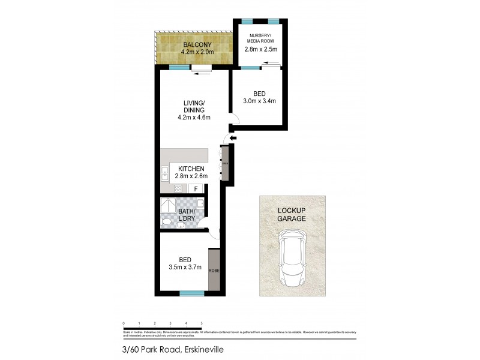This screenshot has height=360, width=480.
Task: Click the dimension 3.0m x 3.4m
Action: pos(260,101)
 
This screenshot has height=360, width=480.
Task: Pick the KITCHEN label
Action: pos(190,169)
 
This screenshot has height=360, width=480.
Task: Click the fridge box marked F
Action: pos(194,188)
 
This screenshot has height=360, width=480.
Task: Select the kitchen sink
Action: pos(164,174)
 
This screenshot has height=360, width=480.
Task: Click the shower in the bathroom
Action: pos(169,205)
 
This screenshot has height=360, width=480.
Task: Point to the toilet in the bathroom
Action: pos(166,222)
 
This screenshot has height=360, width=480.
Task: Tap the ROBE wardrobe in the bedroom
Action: pos(214,270)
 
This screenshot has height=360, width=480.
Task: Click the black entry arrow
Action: pos(233,139)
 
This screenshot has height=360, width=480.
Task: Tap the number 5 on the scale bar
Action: pos(201,323)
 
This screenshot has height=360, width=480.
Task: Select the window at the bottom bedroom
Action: pos(191,293)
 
